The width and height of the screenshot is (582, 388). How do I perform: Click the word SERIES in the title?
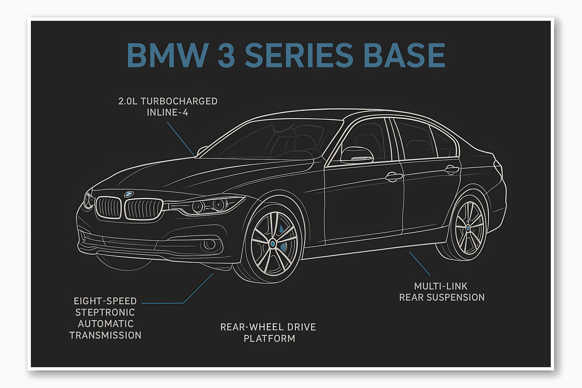pos(299,55)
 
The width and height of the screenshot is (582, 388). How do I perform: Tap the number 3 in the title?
pos(226,55)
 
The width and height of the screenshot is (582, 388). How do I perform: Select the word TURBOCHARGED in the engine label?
pos(179,101)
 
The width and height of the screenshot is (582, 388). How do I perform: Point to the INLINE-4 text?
pos(167,112)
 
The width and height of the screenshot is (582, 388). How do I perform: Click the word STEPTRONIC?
pos(105,312)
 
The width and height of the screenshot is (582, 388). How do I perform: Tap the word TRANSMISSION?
pos(105,335)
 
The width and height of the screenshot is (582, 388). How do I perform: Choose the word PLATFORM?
pos(269,338)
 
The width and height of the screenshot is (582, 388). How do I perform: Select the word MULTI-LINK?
pos(441,286)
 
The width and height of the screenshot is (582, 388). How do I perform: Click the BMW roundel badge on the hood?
pos(129,194)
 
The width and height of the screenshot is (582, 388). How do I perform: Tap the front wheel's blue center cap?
pos(273,243)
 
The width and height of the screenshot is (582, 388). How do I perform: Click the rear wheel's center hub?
pos(468,228)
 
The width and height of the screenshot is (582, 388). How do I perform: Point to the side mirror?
pos(356,155)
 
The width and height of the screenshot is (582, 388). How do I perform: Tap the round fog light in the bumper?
pos(210,244)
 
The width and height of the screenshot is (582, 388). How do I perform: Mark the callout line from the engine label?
pos(181,139)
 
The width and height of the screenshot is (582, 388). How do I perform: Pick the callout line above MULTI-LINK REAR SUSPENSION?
pos(420,264)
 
